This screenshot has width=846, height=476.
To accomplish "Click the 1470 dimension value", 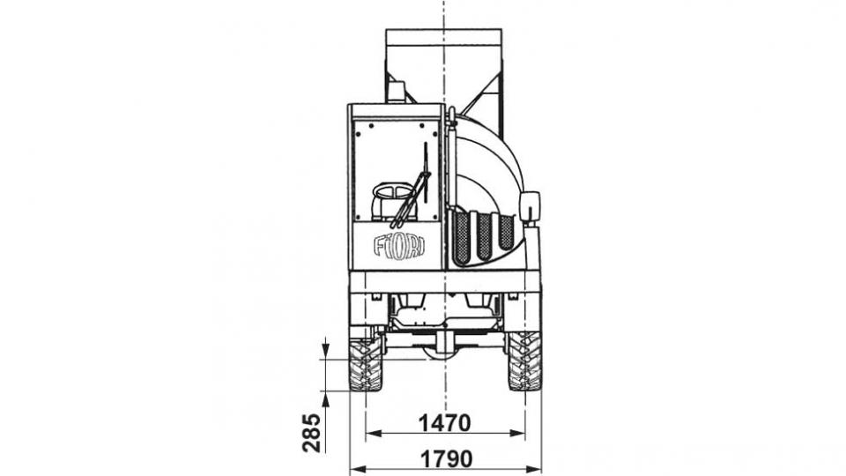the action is pyautogui.click(x=444, y=423).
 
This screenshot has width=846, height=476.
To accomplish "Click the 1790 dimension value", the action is pyautogui.click(x=446, y=459).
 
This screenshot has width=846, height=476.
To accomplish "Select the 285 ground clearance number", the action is pyautogui.click(x=311, y=433).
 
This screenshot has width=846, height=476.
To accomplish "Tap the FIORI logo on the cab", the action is pyautogui.click(x=399, y=246).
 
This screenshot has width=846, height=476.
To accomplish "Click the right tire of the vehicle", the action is pyautogui.click(x=524, y=361).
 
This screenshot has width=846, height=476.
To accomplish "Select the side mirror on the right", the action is pyautogui.click(x=530, y=206).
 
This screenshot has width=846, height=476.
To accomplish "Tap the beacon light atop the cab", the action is pyautogui.click(x=397, y=92).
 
